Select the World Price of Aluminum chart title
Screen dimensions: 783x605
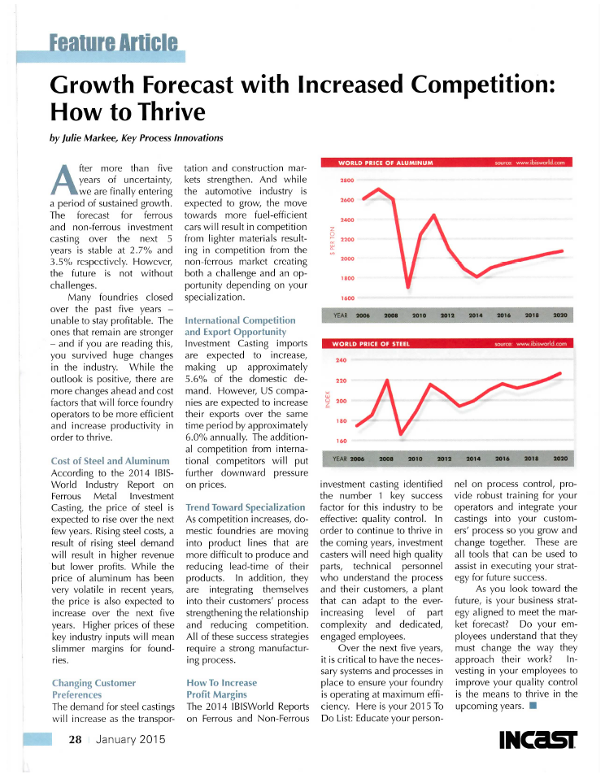385,163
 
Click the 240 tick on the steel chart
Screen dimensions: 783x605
341,359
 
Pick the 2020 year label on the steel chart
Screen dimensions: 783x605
559,459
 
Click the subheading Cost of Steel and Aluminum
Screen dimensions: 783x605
109,462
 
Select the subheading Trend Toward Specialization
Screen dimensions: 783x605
234,507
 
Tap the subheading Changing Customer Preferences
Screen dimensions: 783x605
94,689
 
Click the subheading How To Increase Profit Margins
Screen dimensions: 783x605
221,689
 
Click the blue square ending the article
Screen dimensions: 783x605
532,706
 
